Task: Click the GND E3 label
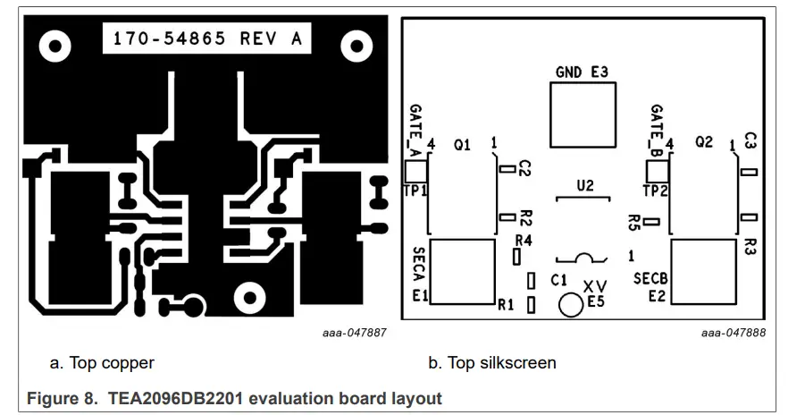tap(582, 72)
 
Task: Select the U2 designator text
tap(585, 186)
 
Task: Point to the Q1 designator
tap(462, 143)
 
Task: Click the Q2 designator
tap(703, 142)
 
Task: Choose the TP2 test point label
tap(655, 190)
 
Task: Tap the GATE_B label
tap(656, 126)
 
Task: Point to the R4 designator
tap(524, 241)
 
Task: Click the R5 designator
tap(634, 221)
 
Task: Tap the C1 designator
tap(559, 280)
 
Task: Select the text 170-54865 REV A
tap(207, 38)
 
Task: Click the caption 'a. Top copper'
tap(102, 363)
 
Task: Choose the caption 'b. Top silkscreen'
tap(492, 363)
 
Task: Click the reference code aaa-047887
tap(355, 333)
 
